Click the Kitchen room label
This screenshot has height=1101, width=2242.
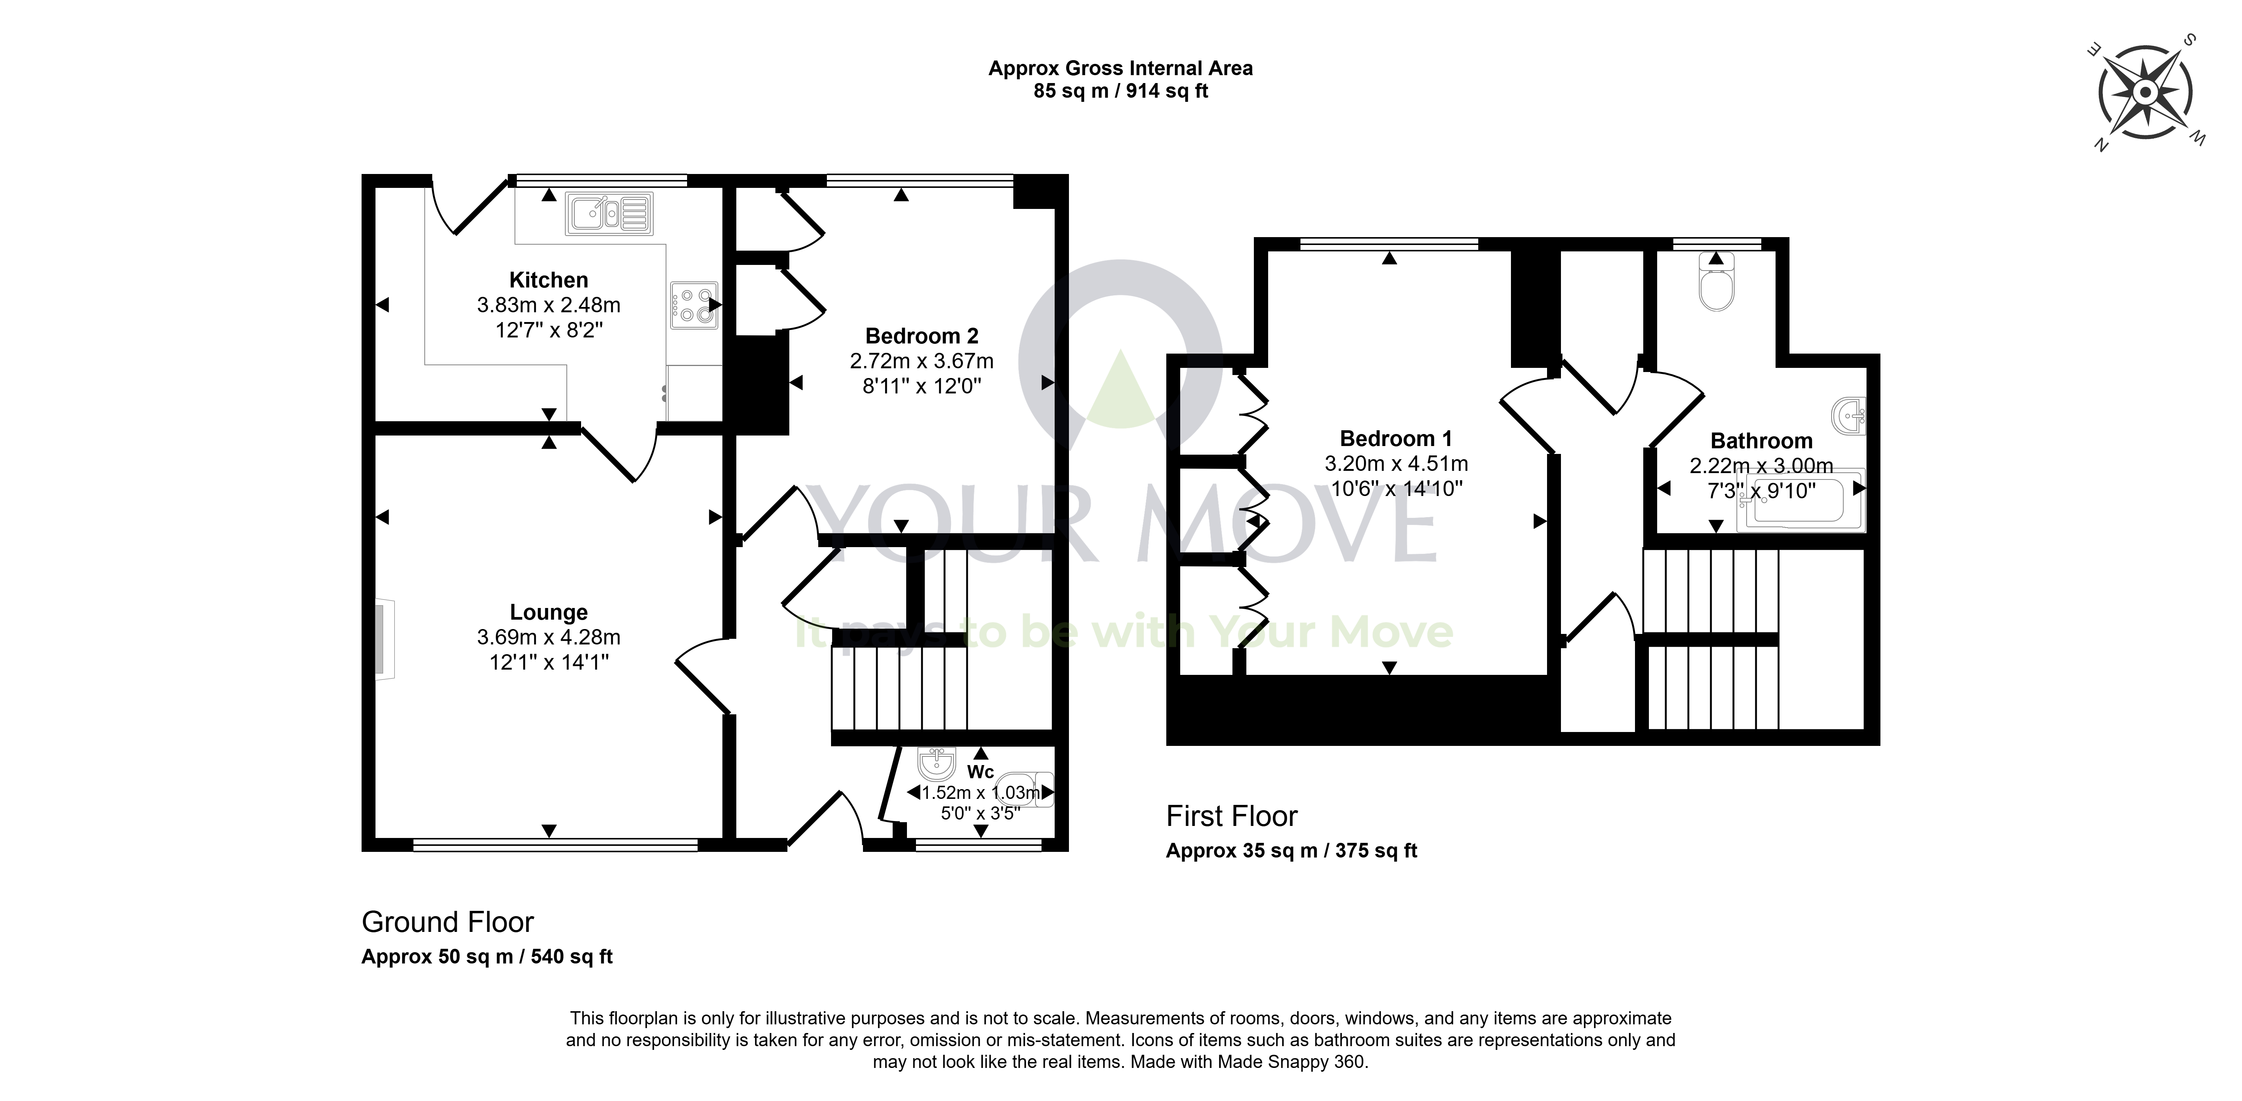coord(548,280)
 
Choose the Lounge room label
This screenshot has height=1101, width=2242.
coord(548,612)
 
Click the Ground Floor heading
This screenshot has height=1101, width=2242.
coord(447,922)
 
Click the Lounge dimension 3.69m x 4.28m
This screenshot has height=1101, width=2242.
coord(548,637)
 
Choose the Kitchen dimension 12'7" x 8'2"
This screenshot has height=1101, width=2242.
coord(548,330)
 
